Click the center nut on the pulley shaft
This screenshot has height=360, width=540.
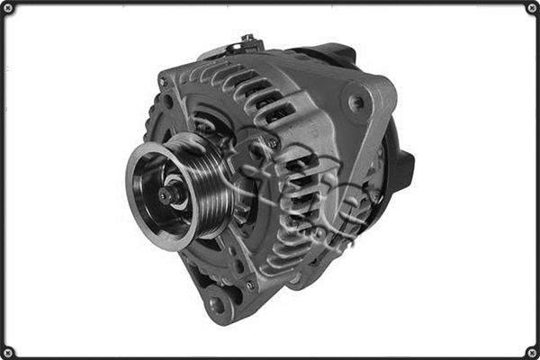tap(169, 193)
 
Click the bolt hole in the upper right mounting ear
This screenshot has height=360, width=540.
tap(357, 102)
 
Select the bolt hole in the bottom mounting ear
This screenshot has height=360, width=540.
tap(216, 304)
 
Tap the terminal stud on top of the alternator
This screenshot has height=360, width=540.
tap(247, 40)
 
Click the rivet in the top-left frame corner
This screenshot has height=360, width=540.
tap(8, 8)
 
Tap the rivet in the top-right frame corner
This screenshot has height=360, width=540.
tap(531, 8)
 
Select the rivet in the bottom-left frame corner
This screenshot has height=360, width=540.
tap(8, 351)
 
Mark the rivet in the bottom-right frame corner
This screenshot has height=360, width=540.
tap(531, 351)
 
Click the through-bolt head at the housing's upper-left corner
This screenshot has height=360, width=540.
tap(163, 82)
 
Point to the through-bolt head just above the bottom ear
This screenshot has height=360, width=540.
tap(249, 285)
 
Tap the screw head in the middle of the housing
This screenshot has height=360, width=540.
tap(270, 141)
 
